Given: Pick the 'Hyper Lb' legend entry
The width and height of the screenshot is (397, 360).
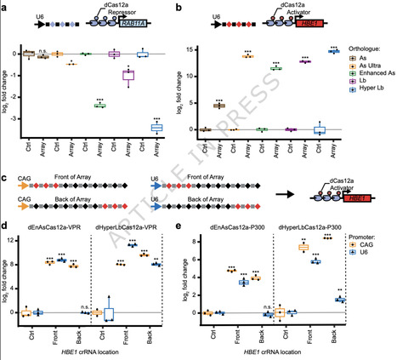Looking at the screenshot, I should [x=363, y=100].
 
